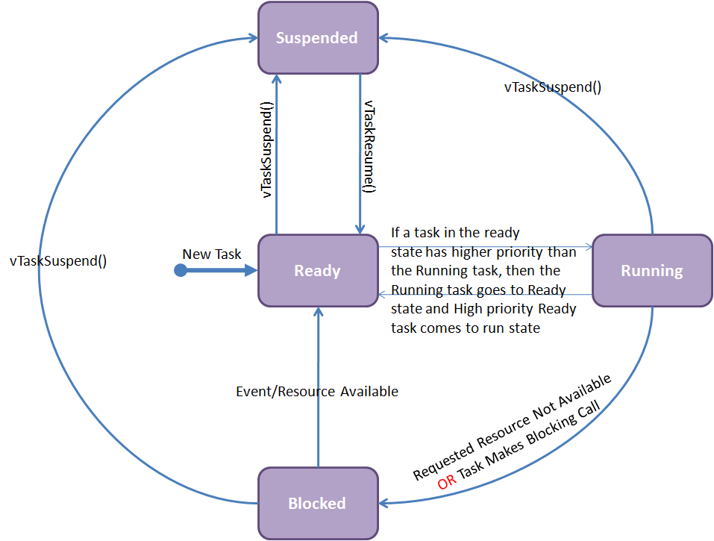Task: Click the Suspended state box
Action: coord(317,37)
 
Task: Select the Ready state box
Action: coord(317,270)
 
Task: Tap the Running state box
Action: coord(651,270)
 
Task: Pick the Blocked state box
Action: coord(317,503)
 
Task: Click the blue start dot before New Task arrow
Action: coord(180,270)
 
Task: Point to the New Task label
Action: coord(212,254)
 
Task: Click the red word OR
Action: coord(448,481)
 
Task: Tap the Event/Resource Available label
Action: coord(317,391)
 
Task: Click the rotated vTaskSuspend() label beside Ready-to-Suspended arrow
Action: coord(266,149)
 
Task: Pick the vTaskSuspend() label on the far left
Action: coord(58,261)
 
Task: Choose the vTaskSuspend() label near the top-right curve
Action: coord(553,87)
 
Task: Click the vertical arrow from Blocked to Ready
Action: coord(318,388)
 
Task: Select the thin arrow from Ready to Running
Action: coord(485,246)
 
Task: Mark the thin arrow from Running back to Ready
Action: coord(485,294)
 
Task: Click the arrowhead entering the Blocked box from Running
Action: coord(385,503)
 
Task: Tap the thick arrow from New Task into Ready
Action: coord(224,270)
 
